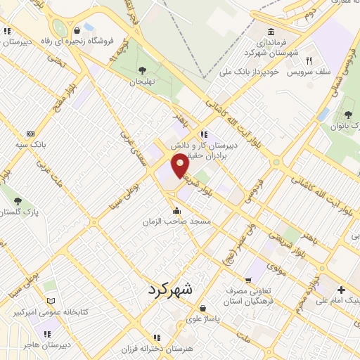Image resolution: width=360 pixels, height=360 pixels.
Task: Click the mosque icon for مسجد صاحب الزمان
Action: [x=176, y=210]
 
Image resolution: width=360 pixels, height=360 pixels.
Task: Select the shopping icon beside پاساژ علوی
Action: [x=203, y=308]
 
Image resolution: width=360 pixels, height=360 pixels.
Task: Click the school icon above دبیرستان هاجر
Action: [x=49, y=334]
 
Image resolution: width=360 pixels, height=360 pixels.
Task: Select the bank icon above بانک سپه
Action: [x=30, y=134]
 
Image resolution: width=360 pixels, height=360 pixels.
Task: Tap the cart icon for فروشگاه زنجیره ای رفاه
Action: [x=89, y=27]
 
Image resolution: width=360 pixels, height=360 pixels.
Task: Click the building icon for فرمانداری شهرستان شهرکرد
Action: [x=271, y=31]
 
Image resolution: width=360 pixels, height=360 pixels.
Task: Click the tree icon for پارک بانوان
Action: [x=347, y=115]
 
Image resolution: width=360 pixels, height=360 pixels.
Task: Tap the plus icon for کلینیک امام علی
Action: [x=341, y=289]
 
